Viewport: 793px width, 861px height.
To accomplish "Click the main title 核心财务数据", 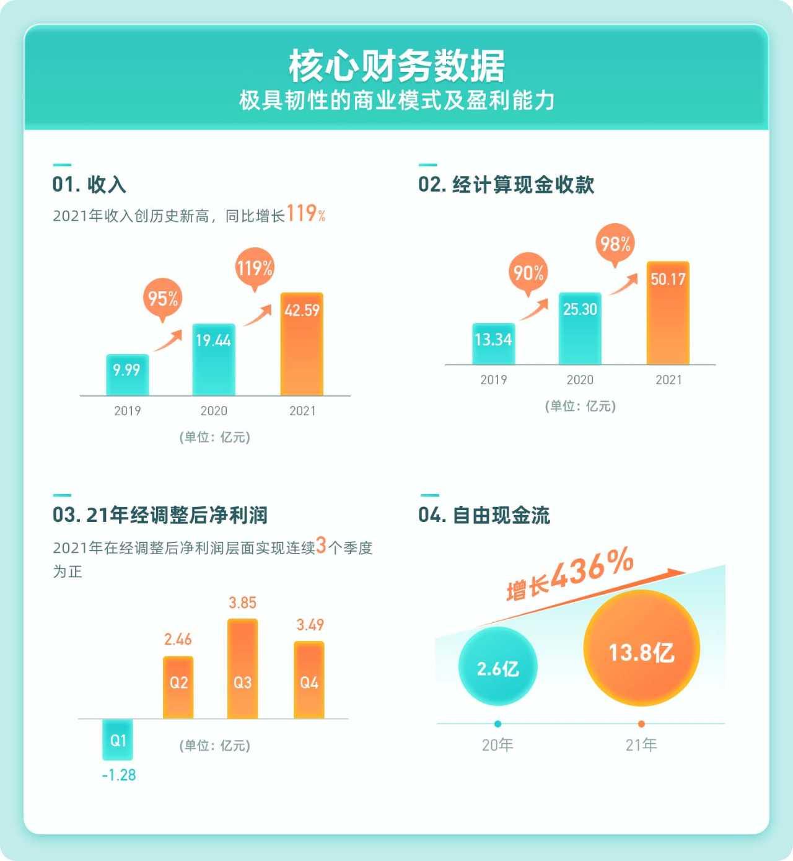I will point(396,66).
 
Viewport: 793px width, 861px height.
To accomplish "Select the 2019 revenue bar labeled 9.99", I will point(127,374).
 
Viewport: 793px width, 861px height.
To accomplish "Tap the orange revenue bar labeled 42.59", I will point(302,344).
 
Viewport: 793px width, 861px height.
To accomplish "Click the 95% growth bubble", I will point(162,298).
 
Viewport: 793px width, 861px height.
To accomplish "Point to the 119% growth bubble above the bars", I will point(254,268).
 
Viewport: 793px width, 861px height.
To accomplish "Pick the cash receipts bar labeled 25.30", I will point(580,329).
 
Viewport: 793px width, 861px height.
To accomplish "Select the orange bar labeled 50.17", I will point(668,313).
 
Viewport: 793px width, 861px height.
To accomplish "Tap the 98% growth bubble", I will point(615,243).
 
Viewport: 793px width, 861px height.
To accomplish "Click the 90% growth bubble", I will point(528,273).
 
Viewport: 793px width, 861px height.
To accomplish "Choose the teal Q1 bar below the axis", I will point(118,740).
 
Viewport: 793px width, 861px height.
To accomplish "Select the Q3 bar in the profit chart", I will point(242,669).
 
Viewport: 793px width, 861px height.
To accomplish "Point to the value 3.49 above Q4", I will point(310,625).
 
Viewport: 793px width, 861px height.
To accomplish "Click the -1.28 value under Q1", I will point(118,775).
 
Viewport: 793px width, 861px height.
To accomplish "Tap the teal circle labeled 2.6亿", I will point(497,667).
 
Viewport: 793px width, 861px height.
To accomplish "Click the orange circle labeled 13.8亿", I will point(641,649).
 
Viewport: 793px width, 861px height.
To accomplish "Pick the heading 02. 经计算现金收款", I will point(506,185).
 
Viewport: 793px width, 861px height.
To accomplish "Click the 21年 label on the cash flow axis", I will point(641,744).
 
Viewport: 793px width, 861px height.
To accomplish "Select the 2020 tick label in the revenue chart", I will point(214,411).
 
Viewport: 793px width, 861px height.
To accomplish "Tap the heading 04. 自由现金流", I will point(484,515).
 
